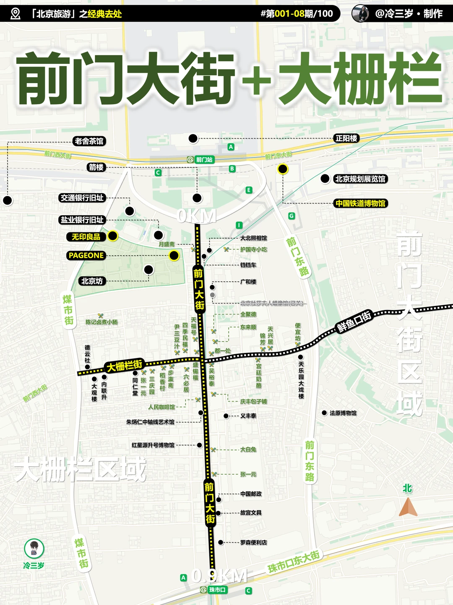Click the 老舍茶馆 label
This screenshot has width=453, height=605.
click(x=89, y=141)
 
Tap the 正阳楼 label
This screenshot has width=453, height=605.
click(x=346, y=138)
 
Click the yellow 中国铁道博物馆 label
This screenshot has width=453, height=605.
click(x=360, y=203)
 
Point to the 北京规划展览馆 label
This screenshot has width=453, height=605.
click(x=360, y=179)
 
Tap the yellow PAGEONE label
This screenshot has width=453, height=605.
click(x=86, y=255)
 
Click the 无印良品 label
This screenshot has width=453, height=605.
click(x=86, y=237)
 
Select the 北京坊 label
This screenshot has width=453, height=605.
click(x=92, y=281)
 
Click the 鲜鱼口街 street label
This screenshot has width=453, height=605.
click(x=354, y=322)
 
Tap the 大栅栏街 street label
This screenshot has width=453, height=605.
click(x=125, y=366)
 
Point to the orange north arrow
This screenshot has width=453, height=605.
click(x=408, y=507)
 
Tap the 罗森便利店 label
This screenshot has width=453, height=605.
click(x=253, y=543)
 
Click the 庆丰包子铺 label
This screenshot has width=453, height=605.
click(x=253, y=402)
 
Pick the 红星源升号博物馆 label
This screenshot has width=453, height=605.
click(x=153, y=445)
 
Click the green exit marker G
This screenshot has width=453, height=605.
click(x=292, y=216)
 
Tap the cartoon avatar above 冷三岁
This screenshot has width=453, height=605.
click(x=34, y=548)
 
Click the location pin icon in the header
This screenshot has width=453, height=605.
click(x=15, y=14)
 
